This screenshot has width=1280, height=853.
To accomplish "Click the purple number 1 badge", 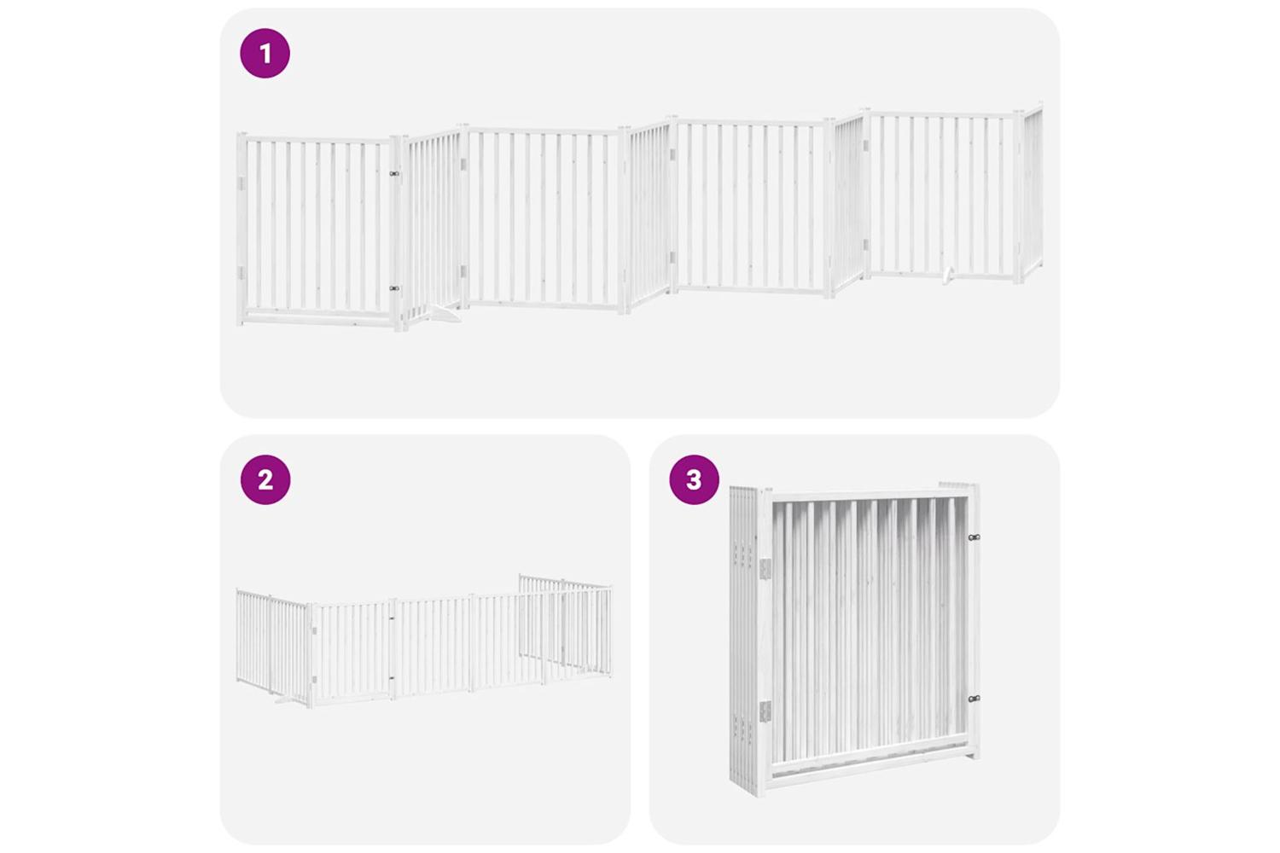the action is (x=265, y=53).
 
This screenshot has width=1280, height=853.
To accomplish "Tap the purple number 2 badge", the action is (x=265, y=479).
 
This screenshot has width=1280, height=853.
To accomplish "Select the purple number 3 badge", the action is (x=695, y=479).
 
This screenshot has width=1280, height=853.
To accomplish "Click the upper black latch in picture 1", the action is (x=393, y=174).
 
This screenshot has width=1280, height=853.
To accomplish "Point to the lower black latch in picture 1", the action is (x=393, y=288).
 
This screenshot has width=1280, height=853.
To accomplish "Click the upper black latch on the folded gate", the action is (x=974, y=537).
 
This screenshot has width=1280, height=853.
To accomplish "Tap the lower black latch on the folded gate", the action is (x=974, y=699).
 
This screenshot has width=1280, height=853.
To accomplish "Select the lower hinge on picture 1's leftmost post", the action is (x=241, y=273).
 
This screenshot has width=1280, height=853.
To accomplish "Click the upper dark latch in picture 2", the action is (x=392, y=618).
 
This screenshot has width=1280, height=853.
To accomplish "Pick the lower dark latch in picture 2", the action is (x=392, y=678).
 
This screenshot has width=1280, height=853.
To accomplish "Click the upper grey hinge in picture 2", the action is (x=314, y=631).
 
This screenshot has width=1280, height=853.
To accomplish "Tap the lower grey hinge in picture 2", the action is (x=314, y=679).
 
